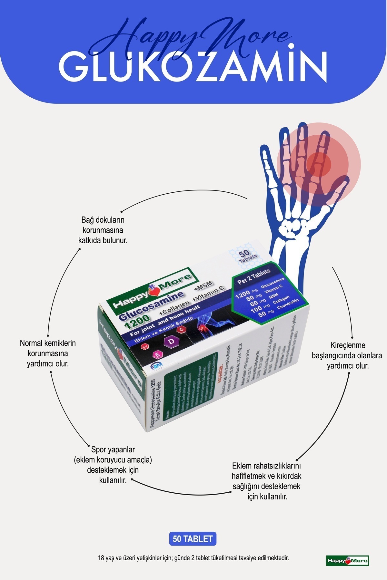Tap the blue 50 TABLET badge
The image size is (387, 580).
click(193, 539)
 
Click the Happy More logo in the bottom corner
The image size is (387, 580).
click(347, 561)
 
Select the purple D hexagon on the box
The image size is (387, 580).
click(172, 341)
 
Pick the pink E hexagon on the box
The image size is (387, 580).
click(158, 355)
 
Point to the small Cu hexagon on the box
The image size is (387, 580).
click(145, 347)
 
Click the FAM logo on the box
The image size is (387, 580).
click(157, 365)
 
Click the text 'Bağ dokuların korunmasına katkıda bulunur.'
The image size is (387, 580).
click(103, 230)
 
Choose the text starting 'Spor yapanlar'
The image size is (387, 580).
click(113, 464)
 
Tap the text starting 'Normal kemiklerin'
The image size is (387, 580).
click(48, 353)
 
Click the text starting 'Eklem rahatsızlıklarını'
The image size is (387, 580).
click(266, 481)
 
